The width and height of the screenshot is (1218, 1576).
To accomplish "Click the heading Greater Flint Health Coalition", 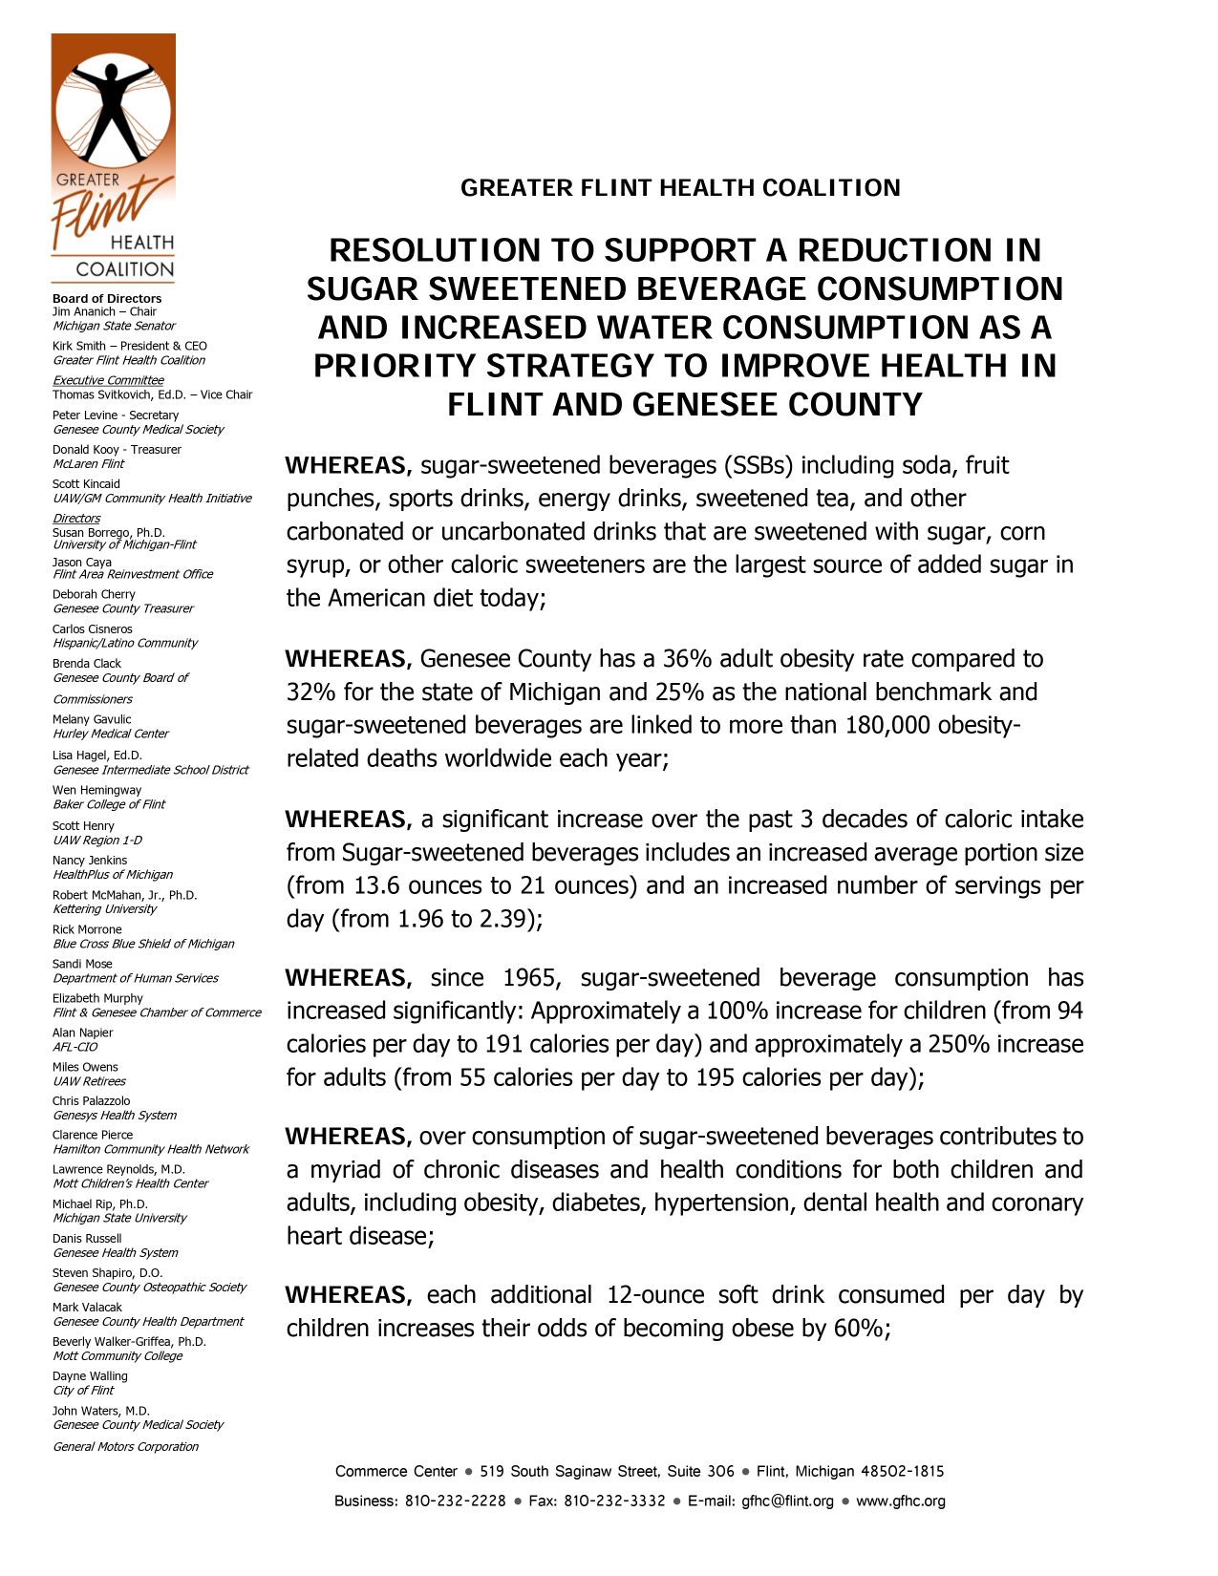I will click(680, 188).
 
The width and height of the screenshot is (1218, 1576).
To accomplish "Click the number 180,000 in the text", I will click(887, 726).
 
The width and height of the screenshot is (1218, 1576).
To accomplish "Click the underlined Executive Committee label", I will click(108, 380).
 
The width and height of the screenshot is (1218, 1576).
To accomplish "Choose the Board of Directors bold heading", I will click(107, 299).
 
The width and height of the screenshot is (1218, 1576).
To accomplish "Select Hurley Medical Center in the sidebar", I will click(111, 735).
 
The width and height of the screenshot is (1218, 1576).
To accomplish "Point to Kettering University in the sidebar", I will click(105, 909).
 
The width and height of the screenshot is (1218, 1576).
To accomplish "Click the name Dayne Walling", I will click(90, 1376).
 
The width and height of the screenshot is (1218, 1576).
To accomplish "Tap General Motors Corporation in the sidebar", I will click(126, 1447).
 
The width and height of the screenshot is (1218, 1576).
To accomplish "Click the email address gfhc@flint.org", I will click(787, 1501).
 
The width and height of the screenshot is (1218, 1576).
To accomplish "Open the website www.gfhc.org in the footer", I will click(901, 1501).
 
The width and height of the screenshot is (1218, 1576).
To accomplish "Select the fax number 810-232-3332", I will click(614, 1501).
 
